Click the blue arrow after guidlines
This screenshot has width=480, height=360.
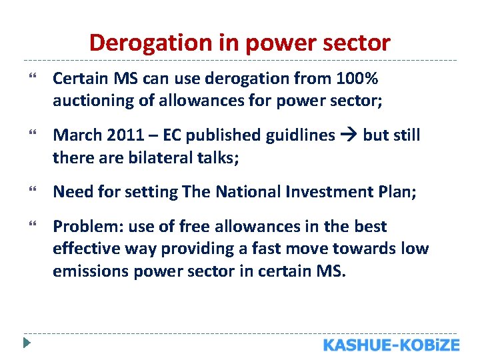point(349,135)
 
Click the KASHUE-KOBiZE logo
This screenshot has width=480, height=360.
point(391,345)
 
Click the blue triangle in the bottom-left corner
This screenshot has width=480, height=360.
point(26,345)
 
